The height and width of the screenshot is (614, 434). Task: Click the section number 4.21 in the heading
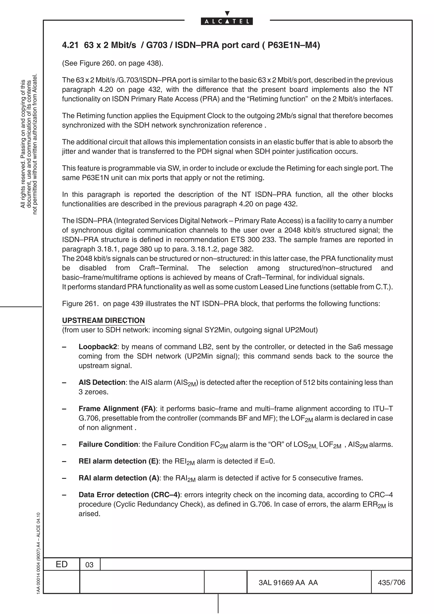tap(70, 45)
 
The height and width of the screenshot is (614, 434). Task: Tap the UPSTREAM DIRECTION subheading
tap(103, 320)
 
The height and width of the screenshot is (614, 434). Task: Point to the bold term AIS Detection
tap(102, 382)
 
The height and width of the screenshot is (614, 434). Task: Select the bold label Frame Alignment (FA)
tap(117, 409)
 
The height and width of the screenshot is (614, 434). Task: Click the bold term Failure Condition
tap(108, 444)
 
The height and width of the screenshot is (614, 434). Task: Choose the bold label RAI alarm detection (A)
tap(118, 478)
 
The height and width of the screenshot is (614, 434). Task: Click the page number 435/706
tap(391, 582)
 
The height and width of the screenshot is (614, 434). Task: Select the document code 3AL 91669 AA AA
tap(288, 582)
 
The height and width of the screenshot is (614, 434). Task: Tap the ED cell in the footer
tap(61, 564)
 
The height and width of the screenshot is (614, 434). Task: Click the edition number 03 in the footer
tap(89, 565)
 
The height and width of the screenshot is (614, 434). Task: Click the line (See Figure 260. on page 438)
tap(112, 63)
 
